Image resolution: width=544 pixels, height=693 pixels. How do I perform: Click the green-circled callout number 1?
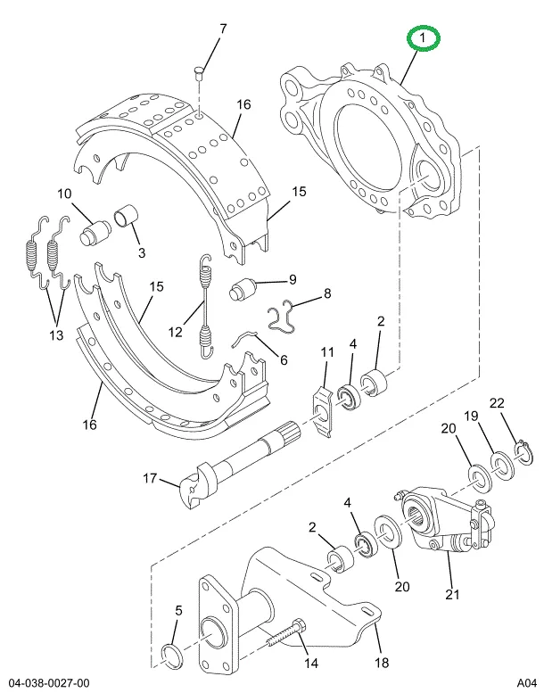pos(423,38)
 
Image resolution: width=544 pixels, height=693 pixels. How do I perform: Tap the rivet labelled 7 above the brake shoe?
pos(198,72)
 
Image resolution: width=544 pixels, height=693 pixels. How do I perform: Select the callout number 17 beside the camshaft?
pos(150,478)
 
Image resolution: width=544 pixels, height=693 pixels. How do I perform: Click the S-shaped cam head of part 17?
pos(197,485)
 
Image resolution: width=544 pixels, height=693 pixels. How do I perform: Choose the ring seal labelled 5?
pos(172,656)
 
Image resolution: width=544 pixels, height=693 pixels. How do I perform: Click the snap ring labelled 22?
pos(524,452)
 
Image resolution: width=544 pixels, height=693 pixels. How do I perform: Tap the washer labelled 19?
pos(502,466)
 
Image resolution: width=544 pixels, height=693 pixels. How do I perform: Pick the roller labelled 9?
pos(243,290)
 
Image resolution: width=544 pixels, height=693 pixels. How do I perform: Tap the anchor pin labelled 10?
pos(95,233)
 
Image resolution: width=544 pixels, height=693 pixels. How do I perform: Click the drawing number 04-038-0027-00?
pos(49,683)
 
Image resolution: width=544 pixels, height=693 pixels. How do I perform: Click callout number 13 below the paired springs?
pos(56,335)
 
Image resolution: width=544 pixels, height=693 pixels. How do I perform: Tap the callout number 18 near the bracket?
pos(382,663)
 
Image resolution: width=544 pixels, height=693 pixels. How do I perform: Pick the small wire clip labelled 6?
pos(245,337)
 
